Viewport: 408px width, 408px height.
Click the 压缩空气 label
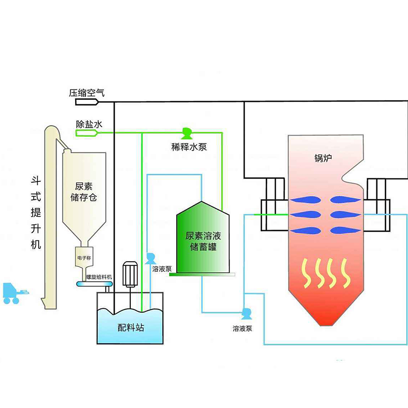click(x=87, y=93)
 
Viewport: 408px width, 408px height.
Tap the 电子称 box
click(x=85, y=259)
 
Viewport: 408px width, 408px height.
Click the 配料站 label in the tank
click(x=131, y=327)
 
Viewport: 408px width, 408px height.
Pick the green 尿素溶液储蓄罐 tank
click(x=203, y=238)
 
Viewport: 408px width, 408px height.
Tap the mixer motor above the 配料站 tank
click(x=129, y=274)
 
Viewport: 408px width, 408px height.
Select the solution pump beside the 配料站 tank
click(x=151, y=258)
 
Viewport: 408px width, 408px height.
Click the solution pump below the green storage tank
click(x=246, y=313)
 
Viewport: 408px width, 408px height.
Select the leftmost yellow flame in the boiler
click(x=307, y=273)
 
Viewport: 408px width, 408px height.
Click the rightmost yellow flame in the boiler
click(x=345, y=273)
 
